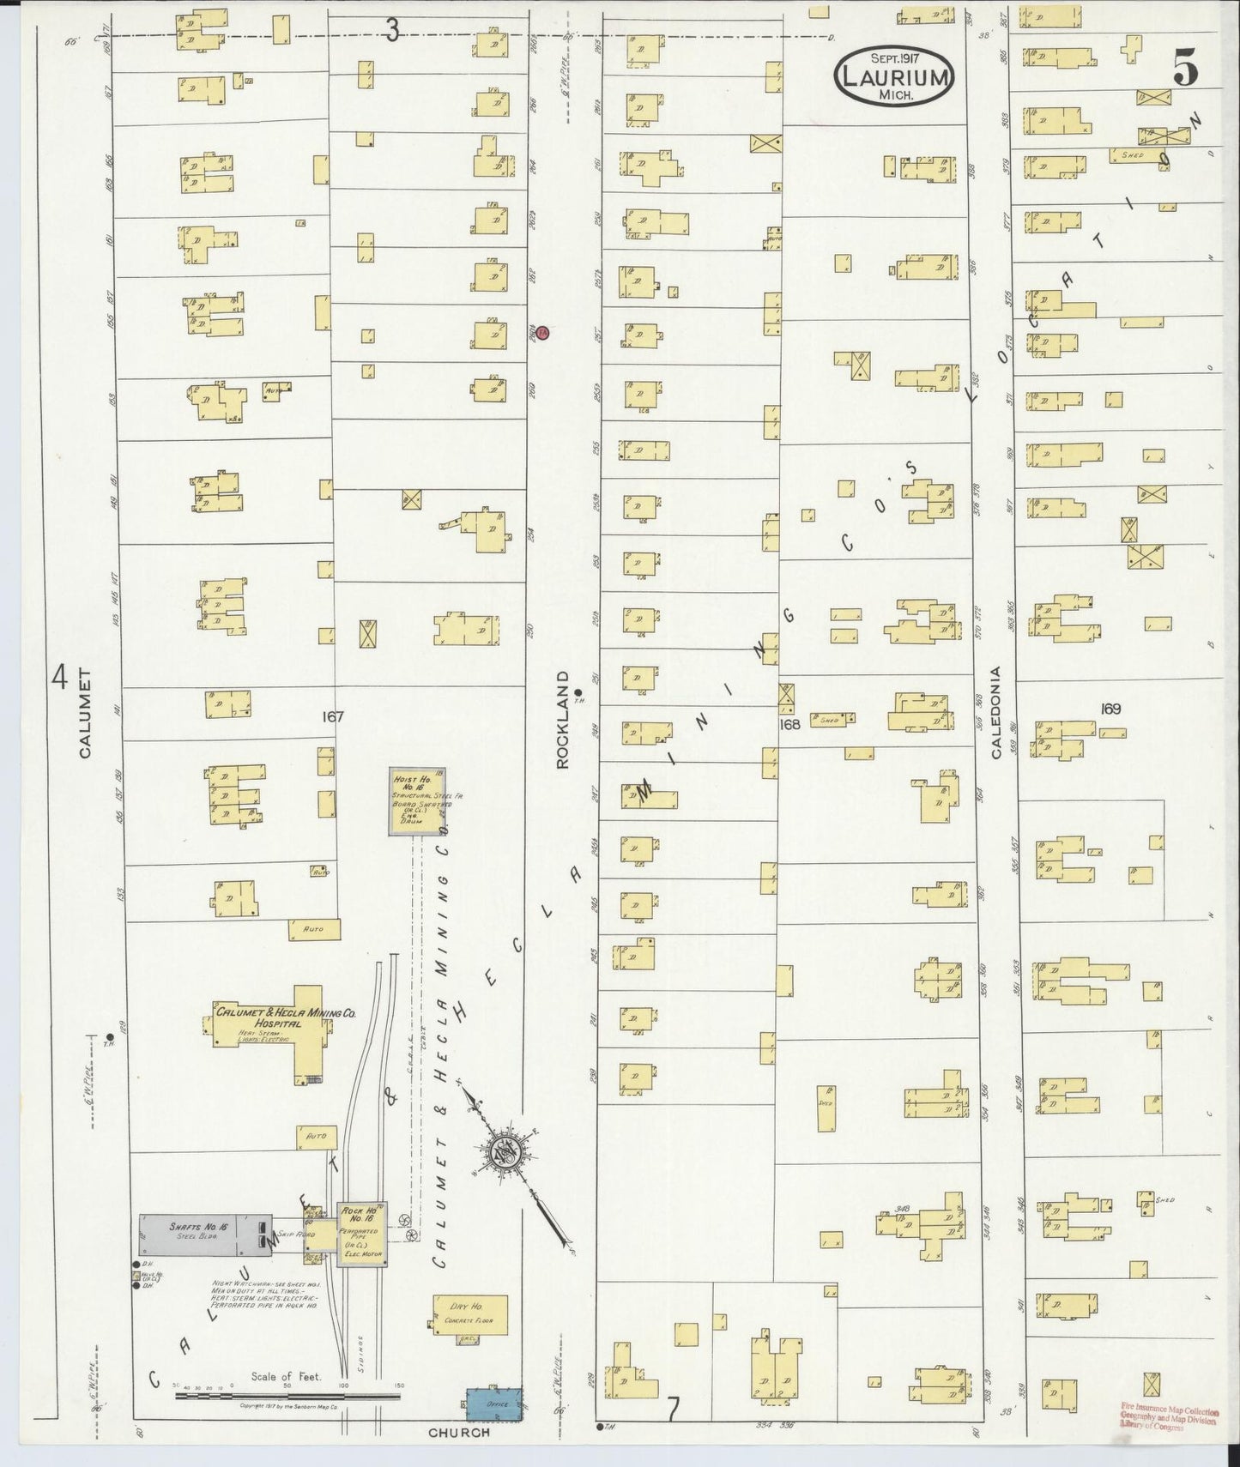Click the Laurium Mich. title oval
pos(893,75)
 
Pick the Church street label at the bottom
pos(460,1432)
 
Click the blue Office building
pos(495,1404)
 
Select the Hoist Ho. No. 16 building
pos(417,800)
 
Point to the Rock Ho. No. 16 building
pos(365,1233)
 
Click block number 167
pos(332,716)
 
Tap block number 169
pos(1110,709)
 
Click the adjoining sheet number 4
pos(58,677)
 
